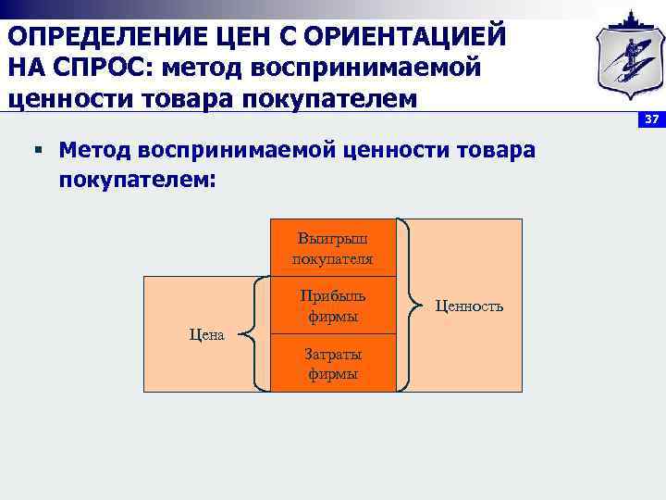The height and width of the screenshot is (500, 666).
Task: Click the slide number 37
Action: (x=651, y=121)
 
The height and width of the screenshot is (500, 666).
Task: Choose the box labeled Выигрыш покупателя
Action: (x=332, y=248)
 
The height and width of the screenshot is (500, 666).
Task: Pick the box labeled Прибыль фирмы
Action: (x=332, y=306)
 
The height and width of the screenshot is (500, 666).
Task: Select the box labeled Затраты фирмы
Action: (x=332, y=364)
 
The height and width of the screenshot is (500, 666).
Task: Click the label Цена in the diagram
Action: (x=205, y=335)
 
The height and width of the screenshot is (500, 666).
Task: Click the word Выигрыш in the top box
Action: (x=332, y=239)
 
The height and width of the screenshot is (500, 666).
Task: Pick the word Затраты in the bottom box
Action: (x=332, y=355)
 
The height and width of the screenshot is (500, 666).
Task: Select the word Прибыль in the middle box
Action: (x=332, y=296)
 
